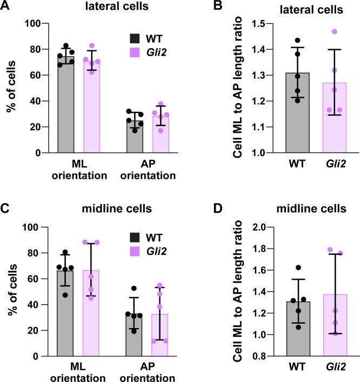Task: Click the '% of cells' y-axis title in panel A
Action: (x=10, y=88)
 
